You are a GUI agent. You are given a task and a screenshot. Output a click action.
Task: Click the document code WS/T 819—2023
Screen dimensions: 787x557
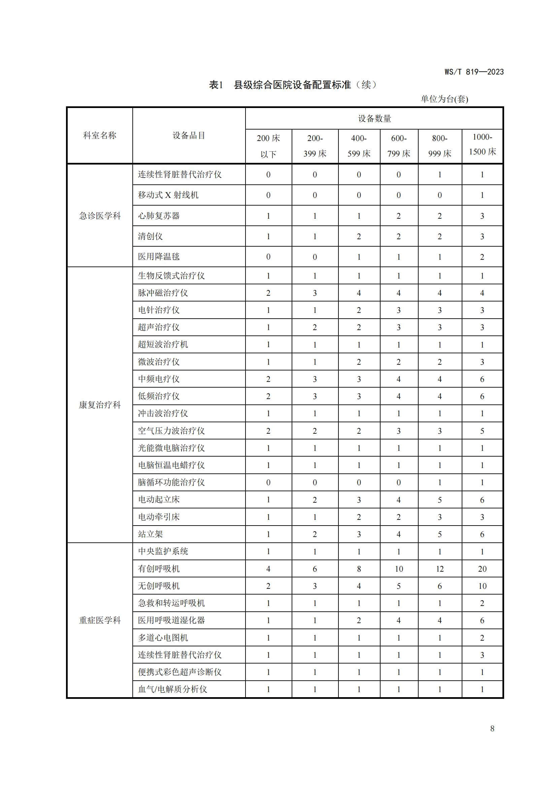(474, 72)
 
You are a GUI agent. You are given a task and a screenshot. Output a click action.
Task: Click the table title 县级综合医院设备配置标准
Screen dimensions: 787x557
(292, 85)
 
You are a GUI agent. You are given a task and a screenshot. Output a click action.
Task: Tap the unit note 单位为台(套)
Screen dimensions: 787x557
(444, 99)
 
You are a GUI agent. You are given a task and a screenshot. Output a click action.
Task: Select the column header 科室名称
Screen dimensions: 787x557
(100, 135)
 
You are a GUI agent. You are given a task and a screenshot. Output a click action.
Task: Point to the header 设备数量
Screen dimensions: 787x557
(374, 118)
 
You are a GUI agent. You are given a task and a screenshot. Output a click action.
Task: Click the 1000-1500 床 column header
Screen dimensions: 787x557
(482, 144)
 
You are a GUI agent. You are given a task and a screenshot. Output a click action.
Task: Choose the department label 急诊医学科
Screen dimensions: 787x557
(100, 216)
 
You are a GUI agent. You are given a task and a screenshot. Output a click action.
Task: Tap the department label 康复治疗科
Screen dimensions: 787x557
(100, 405)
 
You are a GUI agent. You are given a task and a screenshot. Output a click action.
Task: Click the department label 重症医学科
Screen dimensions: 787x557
(100, 620)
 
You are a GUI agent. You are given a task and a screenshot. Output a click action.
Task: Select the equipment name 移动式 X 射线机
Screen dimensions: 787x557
(168, 195)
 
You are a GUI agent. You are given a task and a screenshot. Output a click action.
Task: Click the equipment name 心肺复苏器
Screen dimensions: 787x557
(159, 216)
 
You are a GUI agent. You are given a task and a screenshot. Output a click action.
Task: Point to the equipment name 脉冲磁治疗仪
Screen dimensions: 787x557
(163, 293)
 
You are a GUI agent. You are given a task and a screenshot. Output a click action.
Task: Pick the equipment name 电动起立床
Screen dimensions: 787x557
(159, 499)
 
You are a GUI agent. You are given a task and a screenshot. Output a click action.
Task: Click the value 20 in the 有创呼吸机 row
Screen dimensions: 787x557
(482, 569)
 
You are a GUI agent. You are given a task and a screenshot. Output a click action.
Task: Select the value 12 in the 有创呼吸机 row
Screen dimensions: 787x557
(440, 569)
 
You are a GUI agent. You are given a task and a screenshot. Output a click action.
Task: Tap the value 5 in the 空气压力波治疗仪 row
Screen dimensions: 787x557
(482, 431)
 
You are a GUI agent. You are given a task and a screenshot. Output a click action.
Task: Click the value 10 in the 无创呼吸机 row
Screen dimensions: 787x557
(482, 586)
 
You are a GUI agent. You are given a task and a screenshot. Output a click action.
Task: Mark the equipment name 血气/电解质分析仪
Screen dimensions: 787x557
(172, 689)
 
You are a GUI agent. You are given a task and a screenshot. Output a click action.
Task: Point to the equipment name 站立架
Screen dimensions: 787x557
(151, 534)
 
